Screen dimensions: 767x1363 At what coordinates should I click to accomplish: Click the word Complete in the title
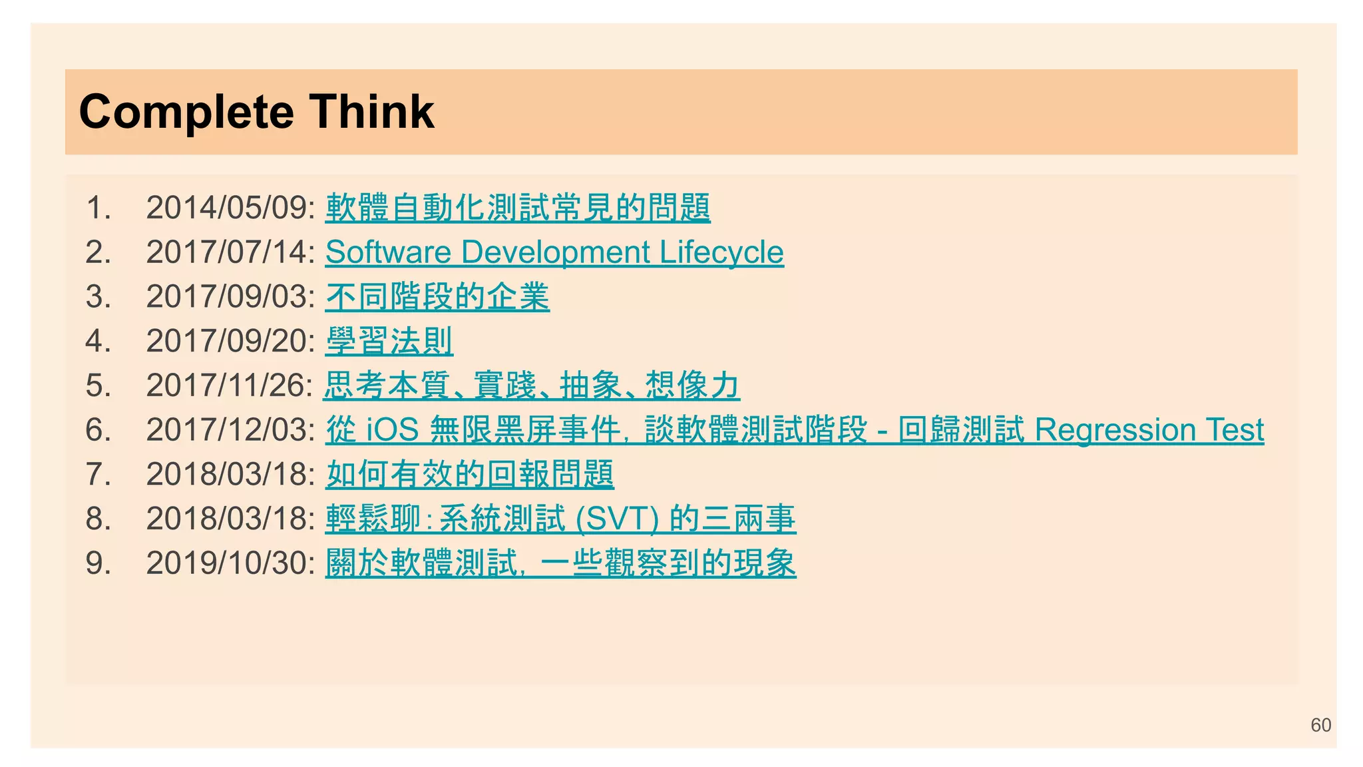tap(186, 112)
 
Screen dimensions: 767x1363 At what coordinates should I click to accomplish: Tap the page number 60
tap(1320, 725)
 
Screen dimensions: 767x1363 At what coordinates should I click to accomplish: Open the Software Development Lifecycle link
tap(554, 252)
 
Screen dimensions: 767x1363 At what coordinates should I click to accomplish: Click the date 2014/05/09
tap(229, 208)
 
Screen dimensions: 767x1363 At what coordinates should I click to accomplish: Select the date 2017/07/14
tap(229, 252)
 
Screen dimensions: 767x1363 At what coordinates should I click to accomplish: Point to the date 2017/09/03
tap(229, 297)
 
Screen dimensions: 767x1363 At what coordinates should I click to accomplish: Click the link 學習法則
tap(389, 342)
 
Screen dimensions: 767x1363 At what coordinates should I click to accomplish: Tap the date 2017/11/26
tap(228, 385)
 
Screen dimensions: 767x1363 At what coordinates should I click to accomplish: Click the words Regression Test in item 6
tap(1149, 430)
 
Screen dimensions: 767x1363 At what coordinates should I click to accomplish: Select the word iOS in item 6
tap(393, 430)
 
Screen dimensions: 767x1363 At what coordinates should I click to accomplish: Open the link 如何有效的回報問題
tap(470, 475)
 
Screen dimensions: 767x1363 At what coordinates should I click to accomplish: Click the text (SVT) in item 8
tap(617, 519)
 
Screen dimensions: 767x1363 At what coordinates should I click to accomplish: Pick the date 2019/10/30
tap(229, 563)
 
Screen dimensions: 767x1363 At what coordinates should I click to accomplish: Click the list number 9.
tap(98, 563)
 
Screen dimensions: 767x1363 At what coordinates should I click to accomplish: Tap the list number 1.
tap(98, 208)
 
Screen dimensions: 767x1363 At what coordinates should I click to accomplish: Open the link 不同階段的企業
tap(437, 297)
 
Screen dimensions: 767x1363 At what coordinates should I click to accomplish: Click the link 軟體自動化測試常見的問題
tap(518, 208)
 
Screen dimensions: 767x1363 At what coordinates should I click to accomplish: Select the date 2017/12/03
tap(229, 430)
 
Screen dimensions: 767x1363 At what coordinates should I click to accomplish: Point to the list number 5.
tap(98, 385)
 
